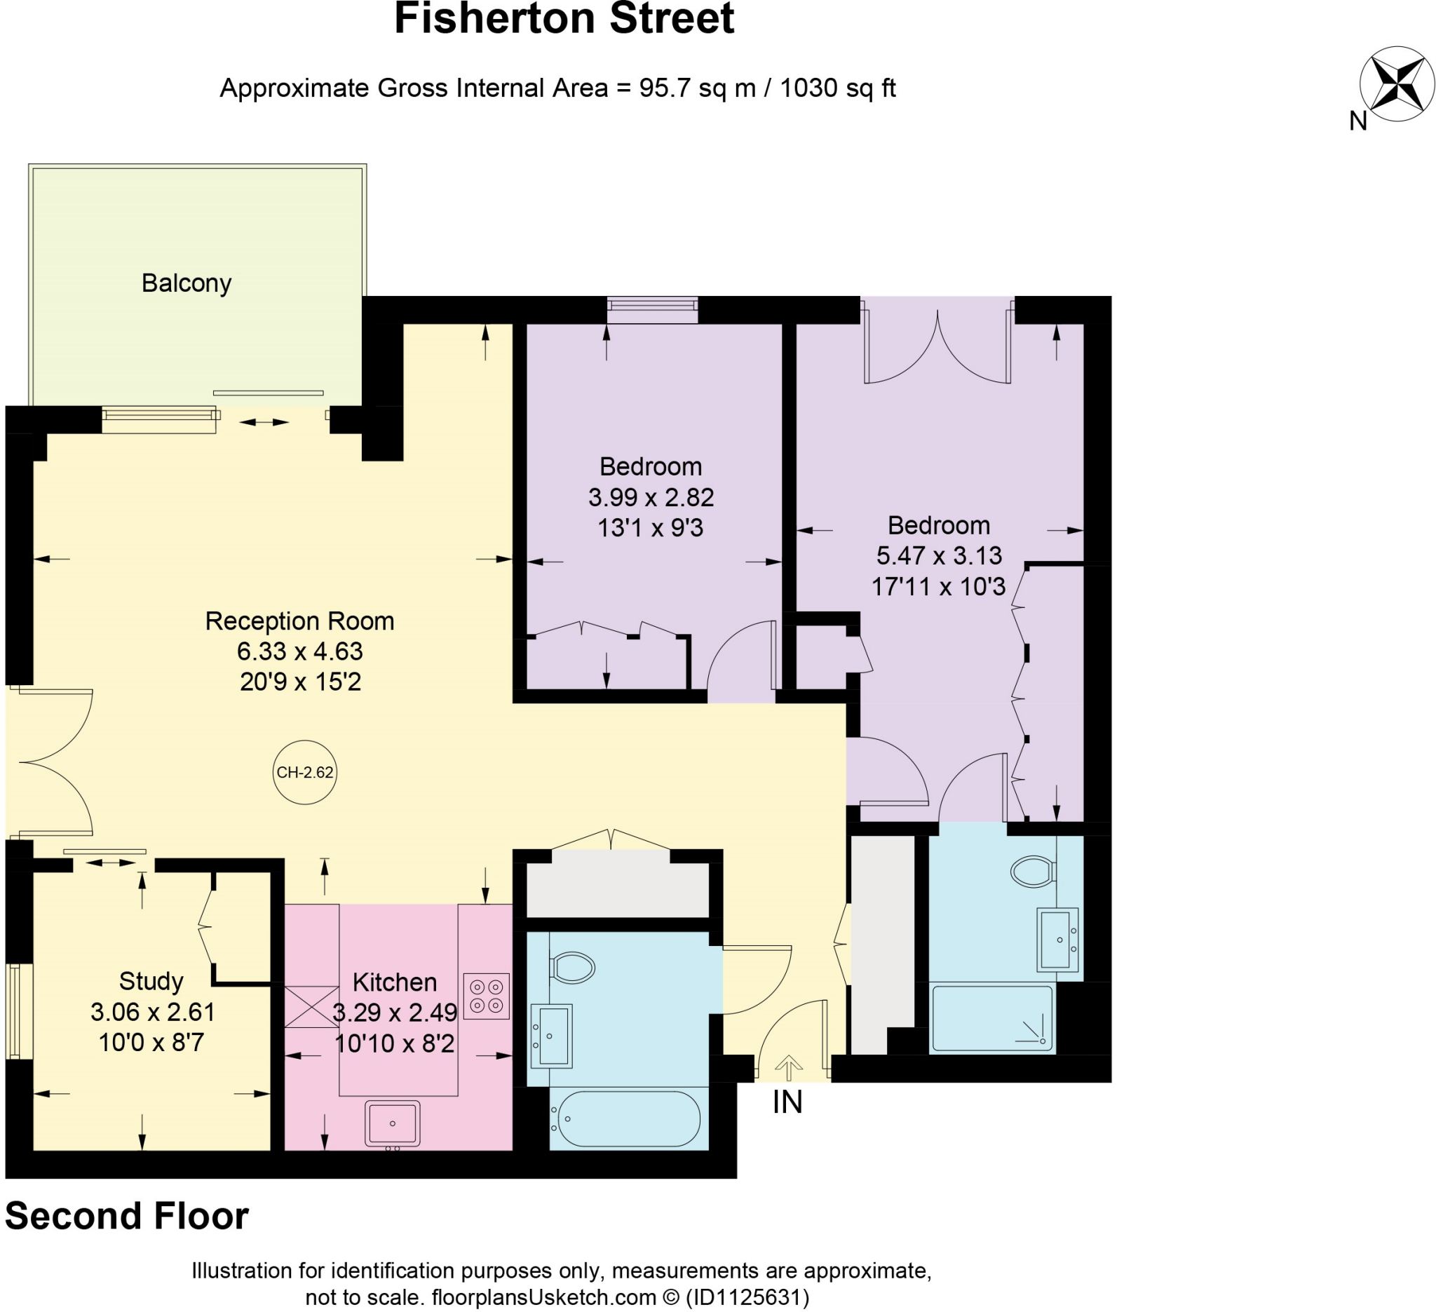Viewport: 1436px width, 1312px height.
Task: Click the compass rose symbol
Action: [1395, 83]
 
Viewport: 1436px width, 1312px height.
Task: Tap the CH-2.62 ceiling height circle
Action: [304, 773]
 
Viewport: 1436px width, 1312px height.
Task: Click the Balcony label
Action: [187, 283]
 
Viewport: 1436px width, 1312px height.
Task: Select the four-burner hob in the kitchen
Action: [487, 996]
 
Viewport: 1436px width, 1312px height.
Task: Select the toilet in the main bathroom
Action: [573, 968]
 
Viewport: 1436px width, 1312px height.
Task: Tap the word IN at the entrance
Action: [787, 1102]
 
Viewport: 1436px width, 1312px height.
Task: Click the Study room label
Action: [151, 981]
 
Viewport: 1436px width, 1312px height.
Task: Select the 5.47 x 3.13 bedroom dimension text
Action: [939, 555]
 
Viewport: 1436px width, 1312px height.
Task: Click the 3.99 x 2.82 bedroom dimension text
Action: [651, 497]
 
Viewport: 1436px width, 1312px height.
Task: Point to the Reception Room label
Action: [299, 621]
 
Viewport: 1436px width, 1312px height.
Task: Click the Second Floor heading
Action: [127, 1216]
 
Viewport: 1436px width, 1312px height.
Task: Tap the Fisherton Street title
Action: [564, 18]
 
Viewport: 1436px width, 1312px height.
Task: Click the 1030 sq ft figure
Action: [837, 88]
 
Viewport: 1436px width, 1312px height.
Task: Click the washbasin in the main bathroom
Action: [552, 1036]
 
